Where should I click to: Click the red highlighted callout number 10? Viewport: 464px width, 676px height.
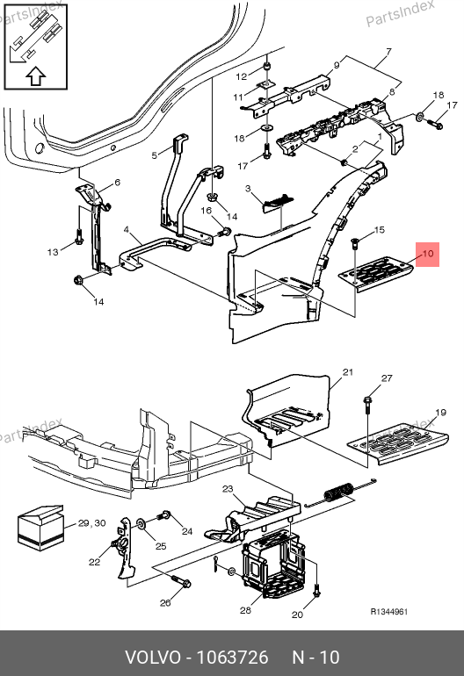pyautogui.click(x=427, y=254)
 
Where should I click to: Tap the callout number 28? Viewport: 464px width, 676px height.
pyautogui.click(x=245, y=610)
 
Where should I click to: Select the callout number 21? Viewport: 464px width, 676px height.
pyautogui.click(x=348, y=372)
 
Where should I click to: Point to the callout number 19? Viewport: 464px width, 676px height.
pyautogui.click(x=440, y=412)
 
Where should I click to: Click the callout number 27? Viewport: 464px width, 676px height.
pyautogui.click(x=387, y=378)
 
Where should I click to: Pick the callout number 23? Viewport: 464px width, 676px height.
pyautogui.click(x=228, y=488)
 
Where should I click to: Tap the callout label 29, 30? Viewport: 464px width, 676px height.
pyautogui.click(x=92, y=523)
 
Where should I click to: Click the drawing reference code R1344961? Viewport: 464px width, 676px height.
pyautogui.click(x=389, y=611)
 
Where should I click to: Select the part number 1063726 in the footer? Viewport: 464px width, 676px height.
pyautogui.click(x=232, y=658)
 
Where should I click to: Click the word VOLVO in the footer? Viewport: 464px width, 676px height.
pyautogui.click(x=153, y=658)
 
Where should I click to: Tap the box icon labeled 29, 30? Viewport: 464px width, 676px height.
pyautogui.click(x=40, y=528)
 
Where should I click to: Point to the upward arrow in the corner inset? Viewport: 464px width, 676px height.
pyautogui.click(x=36, y=76)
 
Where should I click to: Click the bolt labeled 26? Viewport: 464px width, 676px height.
pyautogui.click(x=181, y=580)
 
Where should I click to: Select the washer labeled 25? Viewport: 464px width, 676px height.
pyautogui.click(x=141, y=523)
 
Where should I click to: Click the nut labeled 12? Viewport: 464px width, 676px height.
pyautogui.click(x=267, y=68)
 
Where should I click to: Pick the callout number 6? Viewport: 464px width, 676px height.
pyautogui.click(x=117, y=183)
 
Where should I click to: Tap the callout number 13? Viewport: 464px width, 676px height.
pyautogui.click(x=53, y=252)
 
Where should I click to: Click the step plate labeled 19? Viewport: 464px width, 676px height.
pyautogui.click(x=397, y=445)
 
